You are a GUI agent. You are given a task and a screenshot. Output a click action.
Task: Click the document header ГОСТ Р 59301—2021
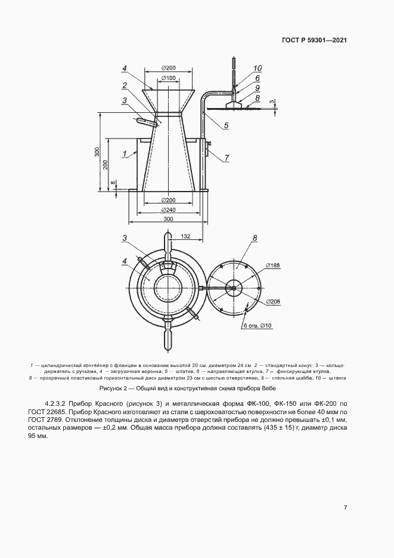click(x=314, y=41)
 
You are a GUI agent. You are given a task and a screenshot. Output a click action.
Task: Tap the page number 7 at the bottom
click(x=346, y=507)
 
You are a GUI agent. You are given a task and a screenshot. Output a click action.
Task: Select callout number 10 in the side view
click(x=258, y=68)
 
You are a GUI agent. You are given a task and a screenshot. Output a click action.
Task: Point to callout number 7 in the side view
click(x=227, y=158)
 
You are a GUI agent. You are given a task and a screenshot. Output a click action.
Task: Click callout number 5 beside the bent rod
click(x=227, y=125)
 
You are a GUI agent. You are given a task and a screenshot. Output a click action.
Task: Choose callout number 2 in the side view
click(x=125, y=85)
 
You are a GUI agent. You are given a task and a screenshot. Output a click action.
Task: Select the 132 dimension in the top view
click(x=185, y=237)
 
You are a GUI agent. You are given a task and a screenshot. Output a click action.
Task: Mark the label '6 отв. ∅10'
click(x=258, y=326)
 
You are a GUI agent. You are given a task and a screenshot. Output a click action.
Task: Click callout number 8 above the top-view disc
click(x=255, y=238)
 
